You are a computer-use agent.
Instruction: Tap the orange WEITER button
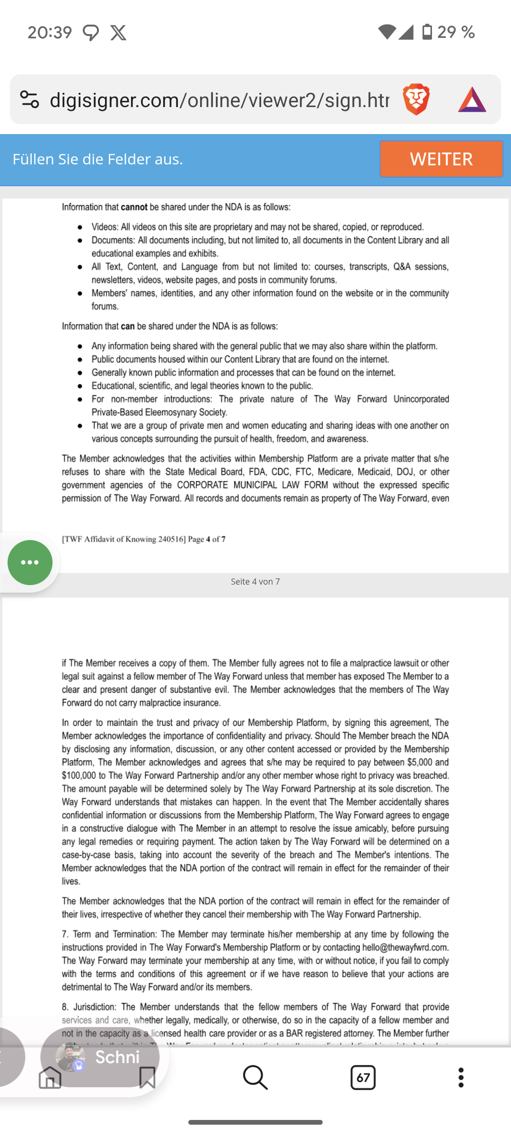click(441, 159)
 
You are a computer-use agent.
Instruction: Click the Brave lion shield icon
click(416, 99)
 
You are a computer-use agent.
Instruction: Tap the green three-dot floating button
click(30, 562)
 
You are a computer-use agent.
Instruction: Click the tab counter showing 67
click(363, 1078)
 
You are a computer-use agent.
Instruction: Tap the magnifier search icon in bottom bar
click(255, 1078)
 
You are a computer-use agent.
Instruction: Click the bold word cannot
click(134, 207)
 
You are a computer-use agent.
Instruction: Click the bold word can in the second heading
click(127, 326)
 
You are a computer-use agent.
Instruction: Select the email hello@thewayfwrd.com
click(405, 947)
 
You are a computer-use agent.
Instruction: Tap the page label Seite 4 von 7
click(255, 582)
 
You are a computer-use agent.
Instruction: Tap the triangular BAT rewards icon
click(472, 99)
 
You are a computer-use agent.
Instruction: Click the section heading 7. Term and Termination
click(109, 934)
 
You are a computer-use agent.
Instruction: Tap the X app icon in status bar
click(118, 33)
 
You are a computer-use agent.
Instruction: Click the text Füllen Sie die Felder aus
click(97, 159)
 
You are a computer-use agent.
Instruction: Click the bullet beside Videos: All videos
click(80, 227)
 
